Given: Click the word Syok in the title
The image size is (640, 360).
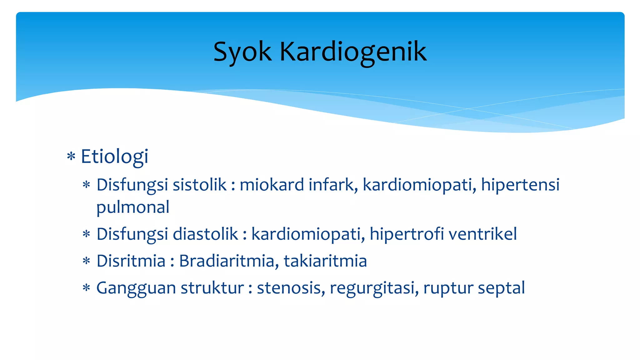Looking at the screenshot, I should coord(242,52).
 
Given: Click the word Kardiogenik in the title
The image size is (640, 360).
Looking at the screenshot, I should coord(353,52).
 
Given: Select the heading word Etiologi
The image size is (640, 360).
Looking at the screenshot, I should coord(114,157).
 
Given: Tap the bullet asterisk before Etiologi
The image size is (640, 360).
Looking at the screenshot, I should coord(71,156).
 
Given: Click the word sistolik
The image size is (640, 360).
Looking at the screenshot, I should coord(199,185).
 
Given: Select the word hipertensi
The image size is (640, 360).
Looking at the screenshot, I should coord(520,185).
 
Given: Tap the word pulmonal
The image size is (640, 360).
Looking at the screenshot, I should coord(133,207).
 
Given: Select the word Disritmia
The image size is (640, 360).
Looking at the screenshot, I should coord(131,261).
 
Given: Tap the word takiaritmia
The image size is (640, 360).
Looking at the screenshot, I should coord(325,261).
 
